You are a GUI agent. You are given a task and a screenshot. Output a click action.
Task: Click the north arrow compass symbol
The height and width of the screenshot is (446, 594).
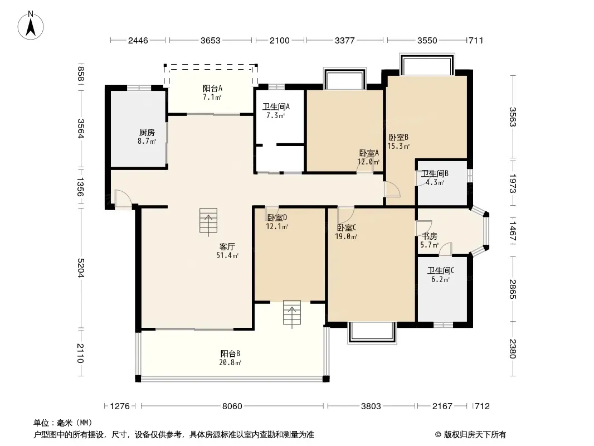(x=31, y=25)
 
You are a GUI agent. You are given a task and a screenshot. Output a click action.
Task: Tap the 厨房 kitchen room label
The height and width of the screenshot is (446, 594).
(x=147, y=132)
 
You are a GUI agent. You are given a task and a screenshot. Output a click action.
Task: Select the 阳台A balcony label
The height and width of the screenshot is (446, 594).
(x=212, y=88)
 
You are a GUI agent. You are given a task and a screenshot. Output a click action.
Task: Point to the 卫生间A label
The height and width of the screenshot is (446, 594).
(x=276, y=106)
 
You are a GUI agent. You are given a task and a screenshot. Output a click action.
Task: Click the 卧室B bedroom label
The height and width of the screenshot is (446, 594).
(x=398, y=137)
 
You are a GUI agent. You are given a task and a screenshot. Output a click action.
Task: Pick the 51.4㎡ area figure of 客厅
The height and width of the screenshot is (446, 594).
(x=227, y=255)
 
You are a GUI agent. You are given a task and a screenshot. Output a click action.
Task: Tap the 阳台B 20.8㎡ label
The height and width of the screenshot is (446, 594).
(x=230, y=358)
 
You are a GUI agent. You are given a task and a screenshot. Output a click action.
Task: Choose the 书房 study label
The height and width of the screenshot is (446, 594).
(x=430, y=236)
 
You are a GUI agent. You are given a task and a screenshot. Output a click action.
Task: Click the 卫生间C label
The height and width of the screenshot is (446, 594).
(x=441, y=270)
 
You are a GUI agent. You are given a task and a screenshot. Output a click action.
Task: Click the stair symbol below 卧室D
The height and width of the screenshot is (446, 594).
(x=291, y=314)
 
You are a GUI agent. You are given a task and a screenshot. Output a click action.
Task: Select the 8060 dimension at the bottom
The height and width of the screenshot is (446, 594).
(x=232, y=406)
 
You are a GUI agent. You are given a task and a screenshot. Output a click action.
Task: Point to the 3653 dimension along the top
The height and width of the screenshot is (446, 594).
(x=210, y=40)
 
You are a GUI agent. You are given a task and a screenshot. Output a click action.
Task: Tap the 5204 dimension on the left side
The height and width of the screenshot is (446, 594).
(x=80, y=268)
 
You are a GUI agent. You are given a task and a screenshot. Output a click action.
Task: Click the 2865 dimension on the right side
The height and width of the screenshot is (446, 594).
(x=513, y=289)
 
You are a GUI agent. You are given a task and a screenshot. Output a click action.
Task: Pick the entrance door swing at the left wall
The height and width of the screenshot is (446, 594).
(x=123, y=198)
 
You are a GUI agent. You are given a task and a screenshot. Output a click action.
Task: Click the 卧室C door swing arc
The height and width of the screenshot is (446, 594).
(x=346, y=215)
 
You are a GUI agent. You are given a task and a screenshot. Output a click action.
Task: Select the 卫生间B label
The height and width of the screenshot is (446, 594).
(x=435, y=173)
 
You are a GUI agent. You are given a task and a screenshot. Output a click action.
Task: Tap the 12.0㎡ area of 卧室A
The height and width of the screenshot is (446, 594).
(x=368, y=162)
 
